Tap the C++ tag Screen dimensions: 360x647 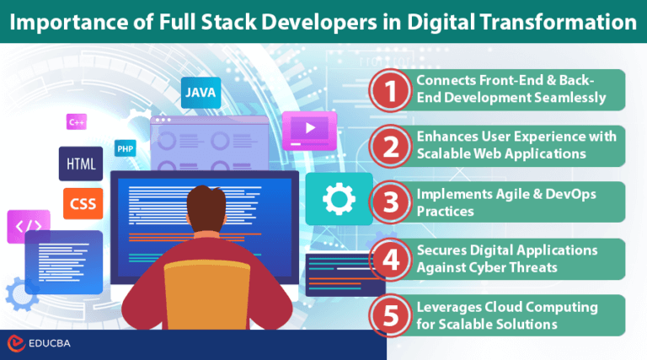pyautogui.click(x=77, y=122)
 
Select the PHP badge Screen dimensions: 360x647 pyautogui.click(x=126, y=149)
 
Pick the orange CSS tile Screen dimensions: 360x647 pyautogui.click(x=83, y=203)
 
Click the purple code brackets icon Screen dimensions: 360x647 pyautogui.click(x=24, y=226)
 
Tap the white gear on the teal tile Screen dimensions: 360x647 pyautogui.click(x=339, y=200)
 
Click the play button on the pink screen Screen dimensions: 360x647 pyautogui.click(x=309, y=129)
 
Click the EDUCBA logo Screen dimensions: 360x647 pyautogui.click(x=39, y=345)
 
